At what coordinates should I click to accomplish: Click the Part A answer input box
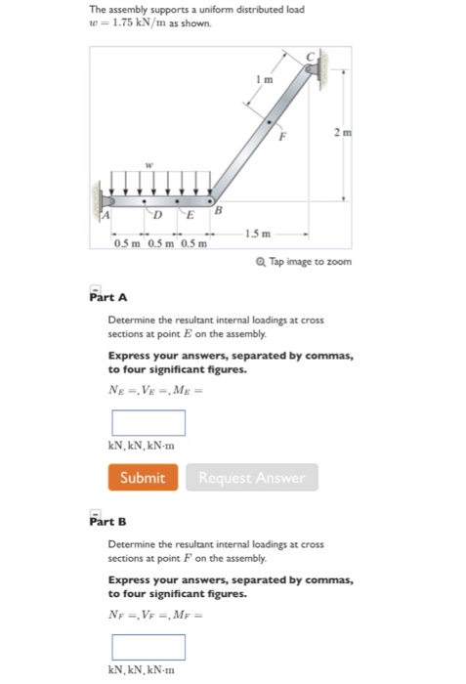point(148,422)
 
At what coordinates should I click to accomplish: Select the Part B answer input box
point(148,647)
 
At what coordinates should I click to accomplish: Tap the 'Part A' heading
point(106,294)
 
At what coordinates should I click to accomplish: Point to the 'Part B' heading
point(106,519)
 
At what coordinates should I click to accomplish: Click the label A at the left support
point(106,212)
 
